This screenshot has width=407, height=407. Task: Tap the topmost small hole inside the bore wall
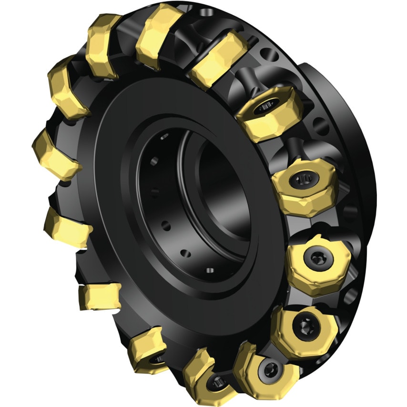coord(165,138)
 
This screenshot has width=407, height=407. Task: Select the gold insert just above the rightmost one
coord(305,186)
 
